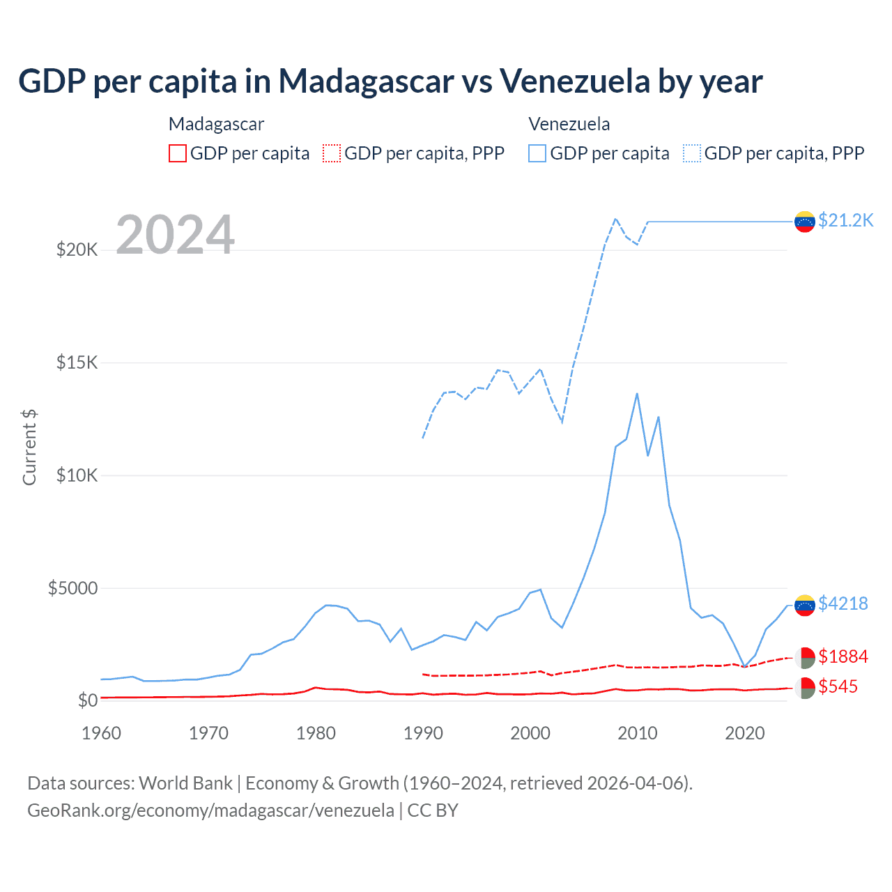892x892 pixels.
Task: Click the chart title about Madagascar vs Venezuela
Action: pos(390,82)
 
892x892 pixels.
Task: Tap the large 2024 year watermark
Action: pos(175,235)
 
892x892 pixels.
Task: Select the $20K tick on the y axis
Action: pos(77,249)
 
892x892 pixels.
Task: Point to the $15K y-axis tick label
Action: pos(77,362)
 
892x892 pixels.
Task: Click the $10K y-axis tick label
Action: pos(77,475)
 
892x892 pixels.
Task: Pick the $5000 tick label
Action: pos(72,588)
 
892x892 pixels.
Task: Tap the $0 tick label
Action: pos(87,700)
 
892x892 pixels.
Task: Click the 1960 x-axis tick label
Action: pos(101,733)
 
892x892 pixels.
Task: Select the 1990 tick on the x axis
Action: pos(423,733)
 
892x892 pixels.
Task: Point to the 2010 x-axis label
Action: pos(638,733)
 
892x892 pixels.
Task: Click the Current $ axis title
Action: pos(29,447)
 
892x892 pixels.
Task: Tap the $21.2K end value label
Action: pos(845,221)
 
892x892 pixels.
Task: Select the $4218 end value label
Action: pos(843,603)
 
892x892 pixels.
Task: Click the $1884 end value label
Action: pos(843,656)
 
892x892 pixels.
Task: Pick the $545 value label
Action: pos(838,686)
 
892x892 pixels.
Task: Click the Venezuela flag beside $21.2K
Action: pos(805,222)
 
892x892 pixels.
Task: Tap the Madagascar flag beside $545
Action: pos(805,688)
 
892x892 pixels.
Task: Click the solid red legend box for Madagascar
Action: pos(178,153)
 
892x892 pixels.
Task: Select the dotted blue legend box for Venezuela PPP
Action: pos(692,153)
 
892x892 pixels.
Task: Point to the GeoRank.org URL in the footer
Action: pos(210,810)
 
